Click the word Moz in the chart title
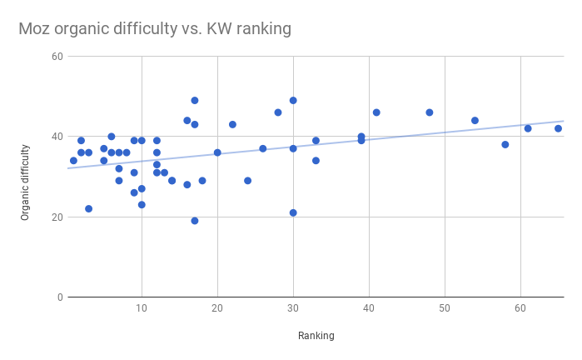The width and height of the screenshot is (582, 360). click(x=35, y=29)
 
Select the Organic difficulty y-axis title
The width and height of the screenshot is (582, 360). click(x=25, y=182)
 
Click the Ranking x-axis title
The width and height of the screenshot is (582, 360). click(x=316, y=336)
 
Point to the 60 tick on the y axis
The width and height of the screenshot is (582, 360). click(x=57, y=57)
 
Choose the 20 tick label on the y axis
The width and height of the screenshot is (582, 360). click(x=57, y=217)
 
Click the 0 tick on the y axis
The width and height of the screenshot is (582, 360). click(x=59, y=297)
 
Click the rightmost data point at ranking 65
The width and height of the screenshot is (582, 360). click(x=558, y=128)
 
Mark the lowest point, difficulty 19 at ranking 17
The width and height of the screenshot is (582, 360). click(x=195, y=221)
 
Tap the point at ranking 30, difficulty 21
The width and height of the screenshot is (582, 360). click(x=293, y=212)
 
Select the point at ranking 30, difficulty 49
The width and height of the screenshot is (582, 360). click(x=293, y=101)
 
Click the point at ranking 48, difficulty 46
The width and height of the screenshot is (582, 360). click(x=430, y=112)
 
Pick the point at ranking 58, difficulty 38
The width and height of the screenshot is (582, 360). click(x=505, y=144)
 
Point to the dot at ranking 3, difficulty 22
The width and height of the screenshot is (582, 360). click(x=88, y=208)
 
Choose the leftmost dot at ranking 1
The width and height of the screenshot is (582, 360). click(x=73, y=161)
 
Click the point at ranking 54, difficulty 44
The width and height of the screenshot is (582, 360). click(x=475, y=121)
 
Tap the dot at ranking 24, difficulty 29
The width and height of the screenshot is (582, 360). click(x=247, y=181)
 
